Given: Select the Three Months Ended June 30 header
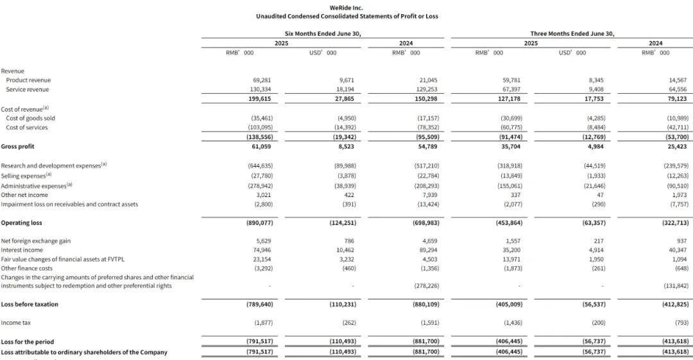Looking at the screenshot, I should pos(572,33).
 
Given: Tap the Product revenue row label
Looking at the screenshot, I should pos(28,80).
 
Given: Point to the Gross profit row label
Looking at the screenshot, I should pos(19,146).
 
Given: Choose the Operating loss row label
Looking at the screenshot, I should pos(22,222).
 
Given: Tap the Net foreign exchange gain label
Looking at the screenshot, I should pos(35,241).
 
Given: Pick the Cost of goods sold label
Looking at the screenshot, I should pos(30,118).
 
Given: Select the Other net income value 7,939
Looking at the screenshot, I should pos(411,194).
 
